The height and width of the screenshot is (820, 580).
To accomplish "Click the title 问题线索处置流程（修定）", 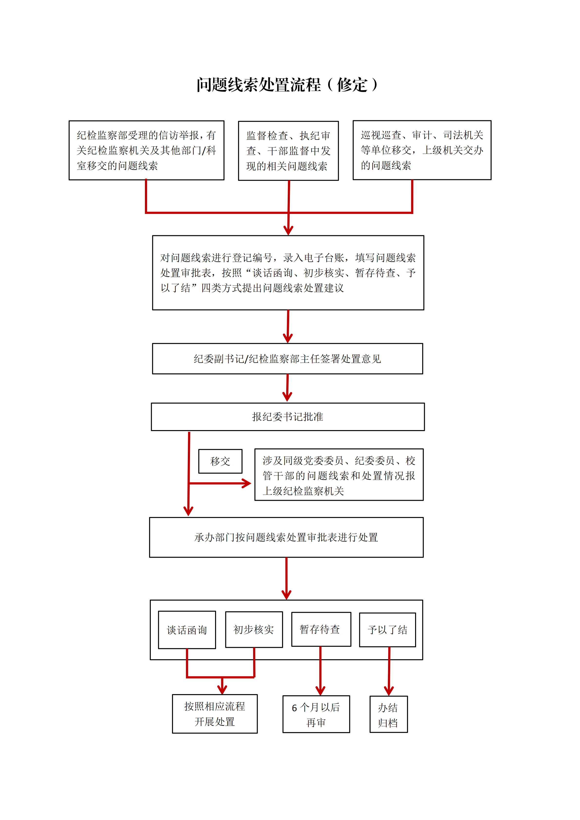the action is pyautogui.click(x=287, y=85).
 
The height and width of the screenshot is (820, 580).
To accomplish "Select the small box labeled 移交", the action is pyautogui.click(x=220, y=461).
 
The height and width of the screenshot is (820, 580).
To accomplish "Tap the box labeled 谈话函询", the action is pyautogui.click(x=187, y=630).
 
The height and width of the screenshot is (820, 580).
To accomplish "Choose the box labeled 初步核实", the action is pyautogui.click(x=254, y=629).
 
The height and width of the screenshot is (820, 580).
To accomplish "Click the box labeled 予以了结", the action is pyautogui.click(x=388, y=630).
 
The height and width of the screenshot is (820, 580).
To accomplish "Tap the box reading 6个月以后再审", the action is pyautogui.click(x=316, y=714).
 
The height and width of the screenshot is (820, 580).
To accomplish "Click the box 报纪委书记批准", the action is pyautogui.click(x=288, y=417).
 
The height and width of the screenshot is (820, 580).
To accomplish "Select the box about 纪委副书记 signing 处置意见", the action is pyautogui.click(x=287, y=358).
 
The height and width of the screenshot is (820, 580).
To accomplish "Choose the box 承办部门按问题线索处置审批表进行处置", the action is pyautogui.click(x=286, y=537).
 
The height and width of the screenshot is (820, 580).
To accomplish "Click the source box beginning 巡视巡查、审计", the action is pyautogui.click(x=422, y=150).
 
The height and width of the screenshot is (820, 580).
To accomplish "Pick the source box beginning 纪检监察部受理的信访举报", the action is pyautogui.click(x=146, y=150).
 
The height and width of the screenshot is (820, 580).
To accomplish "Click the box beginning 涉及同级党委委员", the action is pyautogui.click(x=339, y=475).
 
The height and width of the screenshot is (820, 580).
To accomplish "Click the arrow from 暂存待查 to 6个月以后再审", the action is pyautogui.click(x=320, y=671).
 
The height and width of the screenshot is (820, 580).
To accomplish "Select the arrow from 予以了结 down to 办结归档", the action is pyautogui.click(x=389, y=671).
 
